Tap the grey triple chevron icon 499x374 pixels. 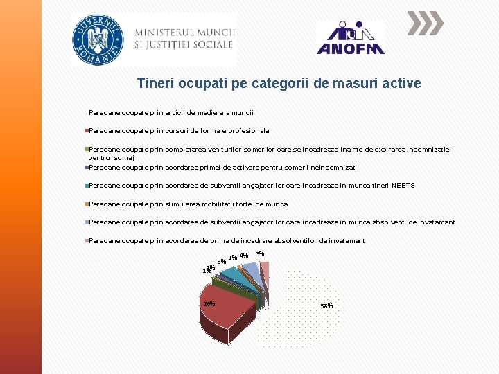coord(424,23)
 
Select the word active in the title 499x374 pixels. coord(401,84)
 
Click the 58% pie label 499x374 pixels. coord(326,306)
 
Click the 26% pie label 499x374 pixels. coord(209,304)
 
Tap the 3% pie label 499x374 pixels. coord(260,254)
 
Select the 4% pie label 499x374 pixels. coord(244,256)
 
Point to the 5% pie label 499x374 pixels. coord(221,262)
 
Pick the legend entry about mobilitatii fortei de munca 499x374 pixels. coord(188,204)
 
